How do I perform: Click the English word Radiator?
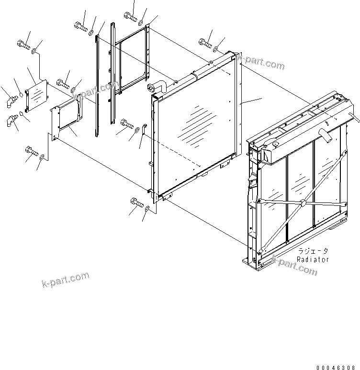(x=313, y=259)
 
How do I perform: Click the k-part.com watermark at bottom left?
(x=66, y=280)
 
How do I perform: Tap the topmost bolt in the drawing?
(x=130, y=17)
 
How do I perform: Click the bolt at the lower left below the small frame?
(x=31, y=152)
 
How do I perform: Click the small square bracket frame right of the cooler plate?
(x=68, y=117)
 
